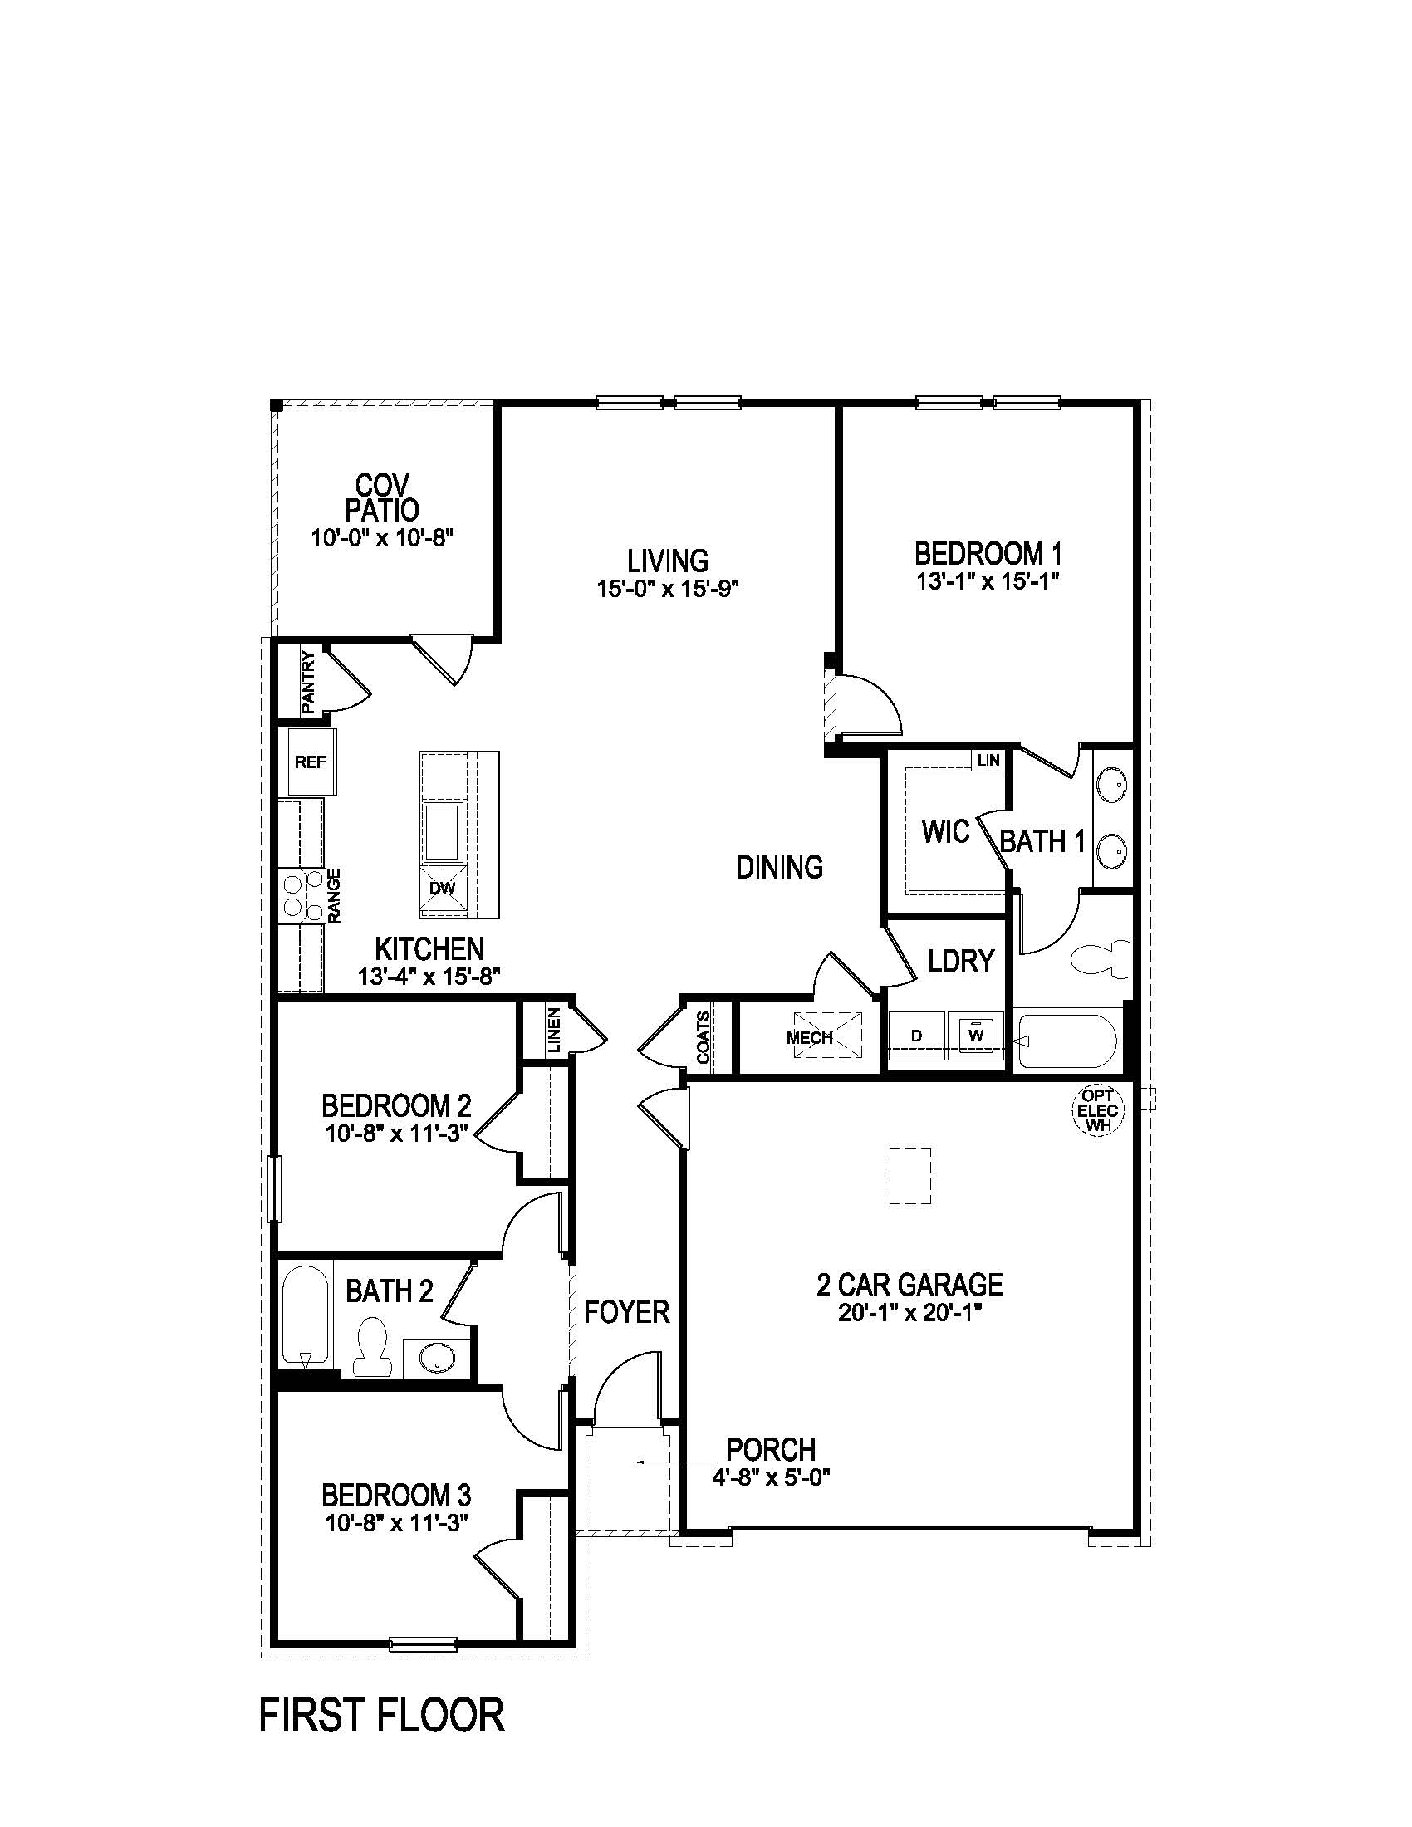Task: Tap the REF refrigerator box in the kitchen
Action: click(311, 762)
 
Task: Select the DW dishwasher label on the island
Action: click(442, 888)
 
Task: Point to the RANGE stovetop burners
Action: click(303, 896)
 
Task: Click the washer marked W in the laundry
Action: click(975, 1035)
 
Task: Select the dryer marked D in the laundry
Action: click(917, 1036)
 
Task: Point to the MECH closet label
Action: click(809, 1037)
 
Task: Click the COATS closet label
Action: click(704, 1037)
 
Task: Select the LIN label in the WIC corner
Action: click(988, 760)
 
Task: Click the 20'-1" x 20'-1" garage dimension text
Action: click(909, 1312)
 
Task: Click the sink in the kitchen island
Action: click(444, 831)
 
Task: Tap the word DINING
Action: click(779, 868)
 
